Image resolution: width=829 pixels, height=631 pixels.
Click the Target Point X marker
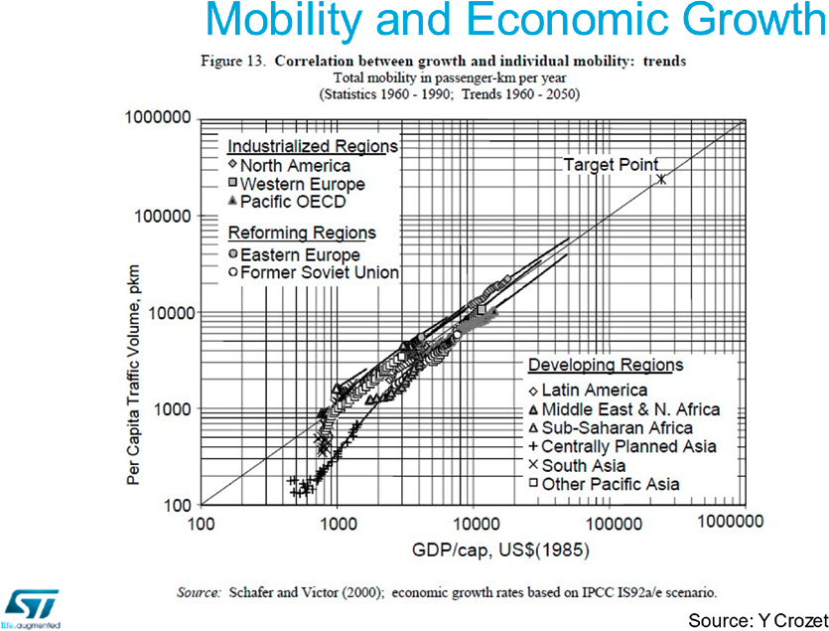661,179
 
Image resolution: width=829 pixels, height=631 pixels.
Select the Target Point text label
611,164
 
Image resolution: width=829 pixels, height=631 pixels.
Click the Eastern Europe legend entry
299,254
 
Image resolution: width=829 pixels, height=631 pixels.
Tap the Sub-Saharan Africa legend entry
623,428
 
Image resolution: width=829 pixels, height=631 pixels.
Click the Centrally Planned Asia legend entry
628,447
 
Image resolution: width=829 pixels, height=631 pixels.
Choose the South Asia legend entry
582,465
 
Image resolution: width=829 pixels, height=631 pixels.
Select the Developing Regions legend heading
606,366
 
